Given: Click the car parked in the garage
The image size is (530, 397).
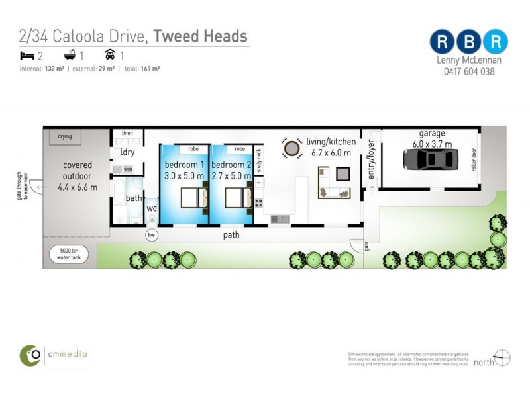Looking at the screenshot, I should (x=431, y=159).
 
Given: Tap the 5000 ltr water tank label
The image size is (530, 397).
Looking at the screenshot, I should (x=64, y=255).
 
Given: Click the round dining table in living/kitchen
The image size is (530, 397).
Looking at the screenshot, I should (x=291, y=148).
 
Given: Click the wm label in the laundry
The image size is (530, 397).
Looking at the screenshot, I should (x=128, y=169).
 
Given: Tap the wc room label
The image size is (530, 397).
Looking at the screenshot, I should (x=151, y=209).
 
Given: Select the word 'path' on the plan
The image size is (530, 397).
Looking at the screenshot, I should (x=231, y=235).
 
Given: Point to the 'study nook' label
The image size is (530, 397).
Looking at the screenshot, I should (x=259, y=161).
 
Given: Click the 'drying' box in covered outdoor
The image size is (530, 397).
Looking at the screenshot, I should (x=65, y=137).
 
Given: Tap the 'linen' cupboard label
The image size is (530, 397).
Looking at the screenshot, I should (x=127, y=134).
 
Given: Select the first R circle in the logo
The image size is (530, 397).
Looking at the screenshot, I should (x=441, y=42).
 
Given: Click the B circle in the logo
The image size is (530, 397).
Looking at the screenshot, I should (x=469, y=42).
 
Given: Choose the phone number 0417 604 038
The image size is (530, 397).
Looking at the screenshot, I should (x=469, y=71).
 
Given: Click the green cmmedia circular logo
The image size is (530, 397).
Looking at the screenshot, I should (x=30, y=355).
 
